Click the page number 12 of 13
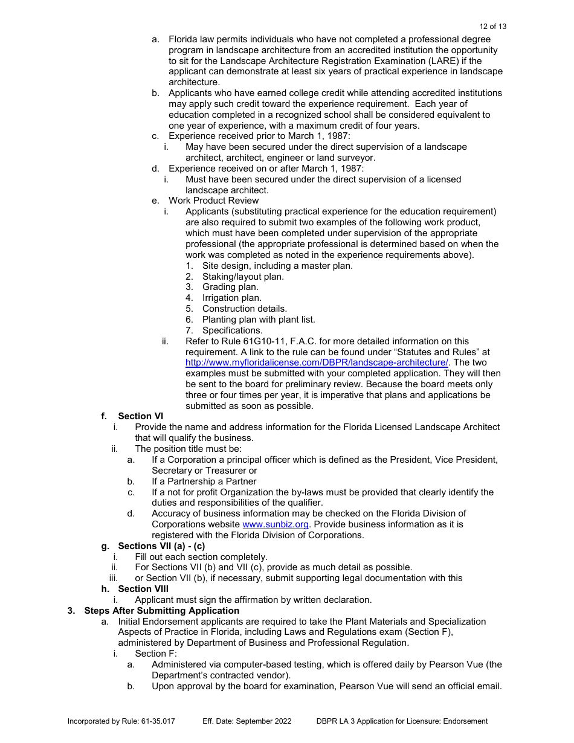(x=492, y=27)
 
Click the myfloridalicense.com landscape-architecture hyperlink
(x=317, y=362)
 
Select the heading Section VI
(x=140, y=416)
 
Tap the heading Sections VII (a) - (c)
(x=161, y=546)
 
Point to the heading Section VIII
(x=143, y=589)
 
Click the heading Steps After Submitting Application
(x=161, y=611)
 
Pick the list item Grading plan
(x=230, y=287)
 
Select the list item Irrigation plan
(x=231, y=298)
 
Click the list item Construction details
(x=244, y=309)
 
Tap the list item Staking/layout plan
(x=243, y=277)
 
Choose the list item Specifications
(x=232, y=330)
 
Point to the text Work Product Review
(x=213, y=201)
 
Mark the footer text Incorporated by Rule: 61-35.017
(x=121, y=721)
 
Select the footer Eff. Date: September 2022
(x=247, y=721)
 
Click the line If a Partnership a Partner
(x=204, y=481)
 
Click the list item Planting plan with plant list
(x=259, y=320)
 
